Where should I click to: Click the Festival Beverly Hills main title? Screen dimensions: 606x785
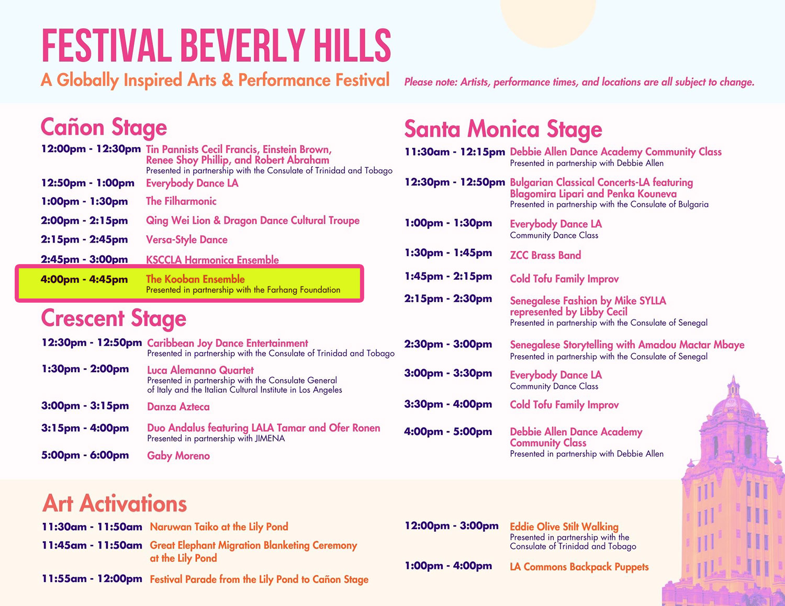point(216,45)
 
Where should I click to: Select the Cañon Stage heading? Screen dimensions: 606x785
point(104,127)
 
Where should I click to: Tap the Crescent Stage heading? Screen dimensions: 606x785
point(114,318)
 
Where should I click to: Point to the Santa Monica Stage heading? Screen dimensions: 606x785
point(503,129)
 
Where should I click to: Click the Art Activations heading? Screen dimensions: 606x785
point(115,504)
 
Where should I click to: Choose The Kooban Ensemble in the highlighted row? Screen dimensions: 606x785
point(195,279)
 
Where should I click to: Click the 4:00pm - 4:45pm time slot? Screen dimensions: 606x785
point(84,279)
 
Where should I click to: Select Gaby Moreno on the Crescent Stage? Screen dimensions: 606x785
point(178,456)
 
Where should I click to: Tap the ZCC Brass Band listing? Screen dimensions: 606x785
point(545,255)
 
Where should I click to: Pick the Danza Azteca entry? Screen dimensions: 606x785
point(178,407)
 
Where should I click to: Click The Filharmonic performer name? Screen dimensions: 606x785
point(181,201)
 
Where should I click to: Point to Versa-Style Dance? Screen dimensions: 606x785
point(186,240)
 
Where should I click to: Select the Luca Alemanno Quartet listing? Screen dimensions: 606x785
point(200,370)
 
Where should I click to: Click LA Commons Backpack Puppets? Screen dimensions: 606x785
point(579,567)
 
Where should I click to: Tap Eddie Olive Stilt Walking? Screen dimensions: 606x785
point(564,527)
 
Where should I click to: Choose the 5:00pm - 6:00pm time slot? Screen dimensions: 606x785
point(85,455)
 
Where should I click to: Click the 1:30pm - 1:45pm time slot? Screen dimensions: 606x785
point(448,253)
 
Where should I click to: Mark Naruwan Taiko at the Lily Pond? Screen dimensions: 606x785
point(219,527)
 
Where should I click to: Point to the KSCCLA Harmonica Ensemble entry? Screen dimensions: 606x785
point(212,260)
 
